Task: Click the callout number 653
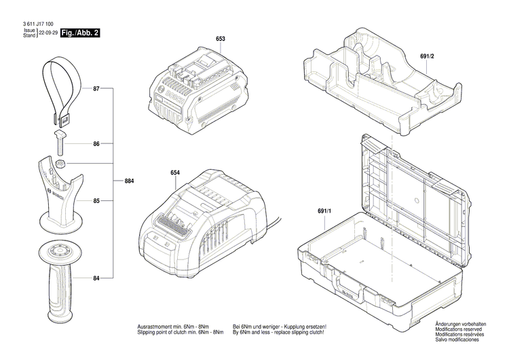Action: click(x=221, y=39)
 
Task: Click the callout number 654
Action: click(x=174, y=173)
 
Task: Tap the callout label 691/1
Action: click(x=323, y=211)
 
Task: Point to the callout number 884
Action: click(x=129, y=182)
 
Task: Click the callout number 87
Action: click(x=96, y=90)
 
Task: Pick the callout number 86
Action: click(x=96, y=144)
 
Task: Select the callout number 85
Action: click(x=96, y=201)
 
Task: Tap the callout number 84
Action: click(x=96, y=278)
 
